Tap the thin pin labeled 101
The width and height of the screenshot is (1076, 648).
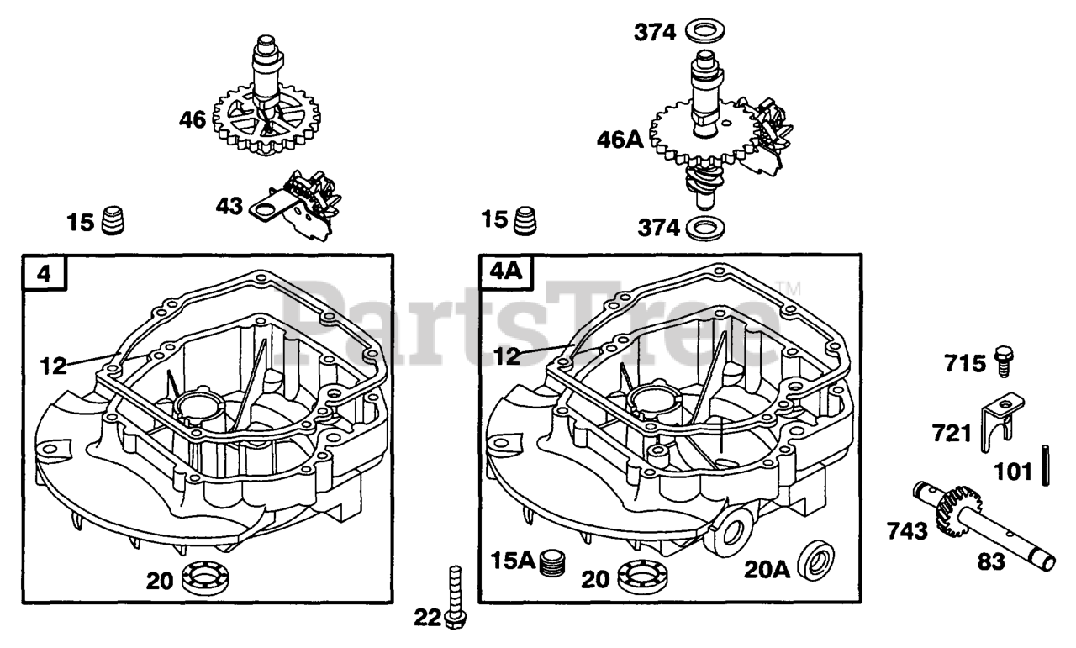[x=1045, y=465]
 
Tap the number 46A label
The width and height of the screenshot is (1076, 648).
[x=621, y=139]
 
